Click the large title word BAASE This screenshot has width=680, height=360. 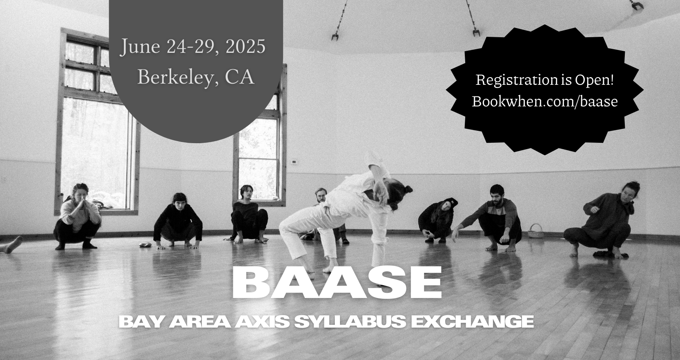click(337, 282)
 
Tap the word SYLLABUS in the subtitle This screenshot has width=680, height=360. click(350, 322)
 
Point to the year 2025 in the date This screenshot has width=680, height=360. click(245, 47)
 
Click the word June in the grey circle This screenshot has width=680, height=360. click(140, 47)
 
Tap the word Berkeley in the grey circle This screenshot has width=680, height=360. click(178, 78)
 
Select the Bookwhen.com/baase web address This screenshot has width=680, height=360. click(545, 101)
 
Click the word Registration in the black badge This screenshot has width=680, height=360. click(516, 80)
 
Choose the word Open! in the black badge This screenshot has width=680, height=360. click(594, 80)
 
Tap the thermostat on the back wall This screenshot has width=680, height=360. click(294, 162)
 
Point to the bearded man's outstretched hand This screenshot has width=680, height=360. click(455, 235)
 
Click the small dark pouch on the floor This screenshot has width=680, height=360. click(144, 245)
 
